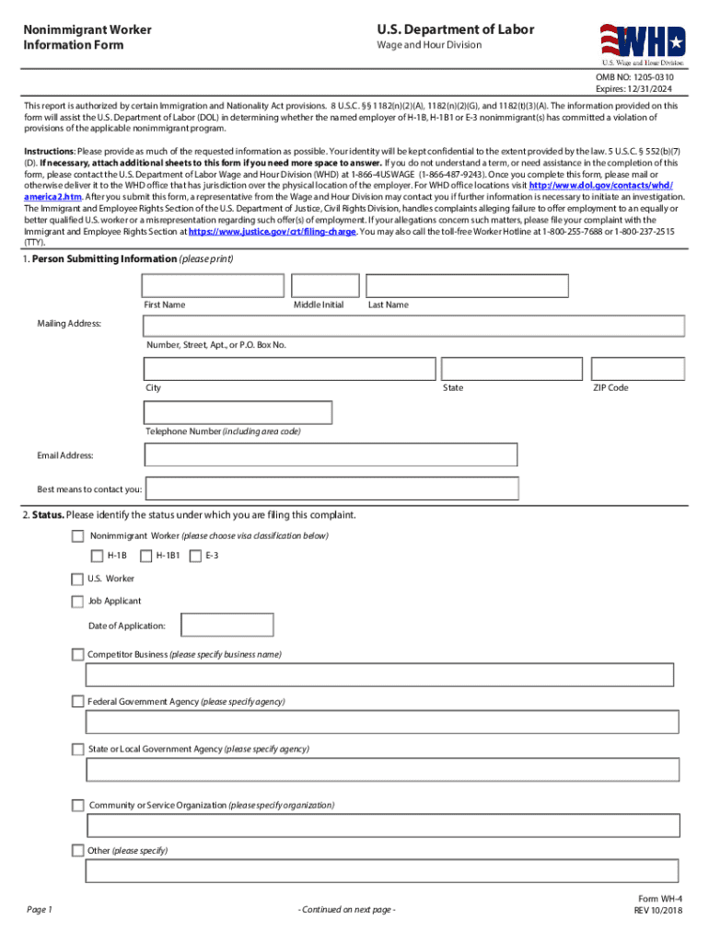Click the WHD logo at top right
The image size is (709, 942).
(x=644, y=42)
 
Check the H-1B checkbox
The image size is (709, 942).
(x=97, y=556)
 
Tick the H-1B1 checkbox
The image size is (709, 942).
(x=145, y=556)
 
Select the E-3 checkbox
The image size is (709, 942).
(x=195, y=556)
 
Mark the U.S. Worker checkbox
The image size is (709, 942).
(x=77, y=579)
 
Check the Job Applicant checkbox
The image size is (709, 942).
(x=77, y=602)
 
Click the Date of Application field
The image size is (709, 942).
(x=227, y=626)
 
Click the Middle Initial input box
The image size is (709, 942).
(x=324, y=286)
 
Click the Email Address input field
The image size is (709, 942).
(x=331, y=454)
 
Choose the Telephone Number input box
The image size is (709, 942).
(x=238, y=413)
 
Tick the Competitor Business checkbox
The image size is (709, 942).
(x=77, y=654)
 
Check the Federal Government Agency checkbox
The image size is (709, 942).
(x=77, y=702)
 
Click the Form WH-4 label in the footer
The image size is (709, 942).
(x=659, y=899)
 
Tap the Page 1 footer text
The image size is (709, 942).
(x=40, y=910)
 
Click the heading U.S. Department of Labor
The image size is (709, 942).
(x=455, y=29)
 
